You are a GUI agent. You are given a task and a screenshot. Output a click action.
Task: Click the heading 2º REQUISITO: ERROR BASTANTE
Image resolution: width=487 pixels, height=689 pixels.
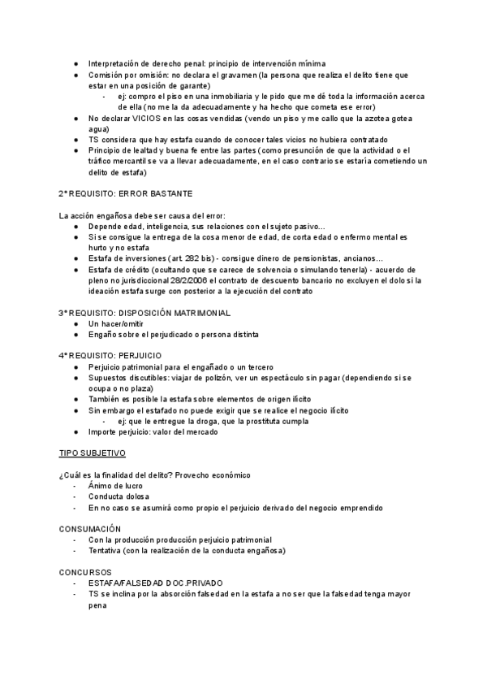pyautogui.click(x=125, y=193)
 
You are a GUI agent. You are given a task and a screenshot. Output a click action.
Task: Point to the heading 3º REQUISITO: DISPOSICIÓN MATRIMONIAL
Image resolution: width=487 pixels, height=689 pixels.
pyautogui.click(x=144, y=312)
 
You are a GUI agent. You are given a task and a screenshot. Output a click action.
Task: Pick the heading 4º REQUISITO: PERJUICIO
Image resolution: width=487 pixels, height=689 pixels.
pyautogui.click(x=110, y=356)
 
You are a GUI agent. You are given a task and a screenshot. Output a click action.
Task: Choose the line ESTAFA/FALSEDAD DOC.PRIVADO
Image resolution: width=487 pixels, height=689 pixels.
pyautogui.click(x=155, y=583)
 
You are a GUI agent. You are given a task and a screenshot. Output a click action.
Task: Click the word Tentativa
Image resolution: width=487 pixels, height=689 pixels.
pyautogui.click(x=106, y=550)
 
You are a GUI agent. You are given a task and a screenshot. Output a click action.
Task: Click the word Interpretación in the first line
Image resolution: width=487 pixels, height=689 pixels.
pyautogui.click(x=115, y=63)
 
